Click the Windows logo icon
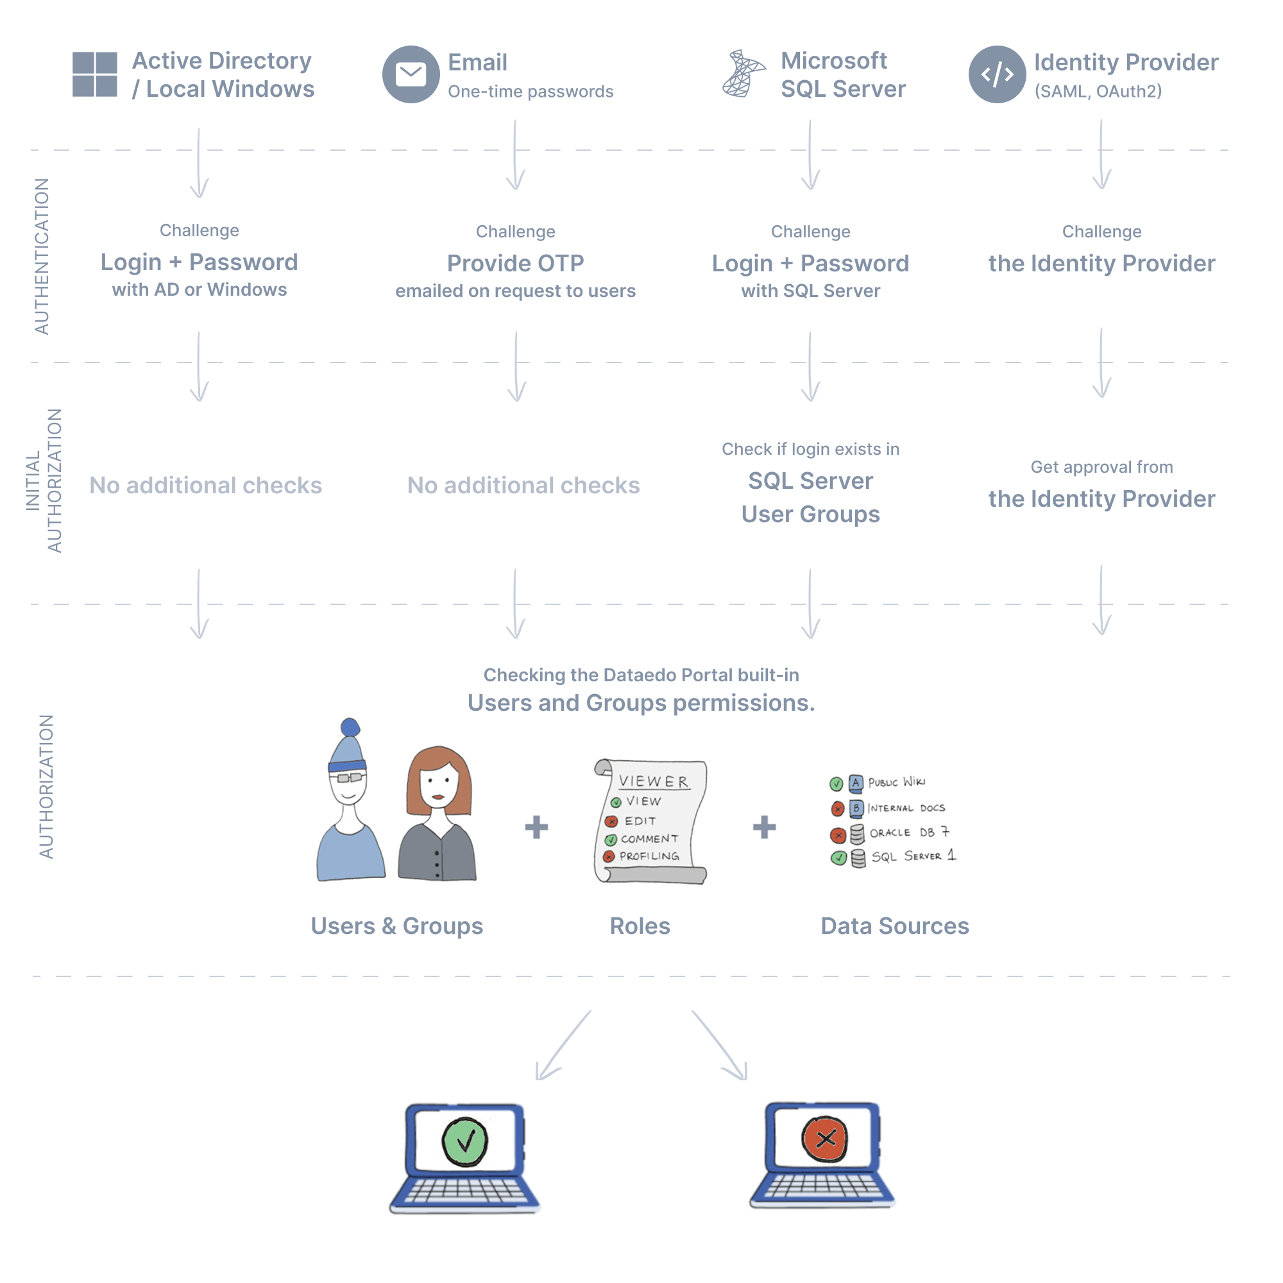click(x=94, y=74)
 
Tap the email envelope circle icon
click(x=411, y=74)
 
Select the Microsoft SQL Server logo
click(x=742, y=74)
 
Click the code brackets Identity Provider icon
click(x=997, y=74)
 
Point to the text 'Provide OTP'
click(x=515, y=264)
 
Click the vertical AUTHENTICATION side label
click(x=42, y=257)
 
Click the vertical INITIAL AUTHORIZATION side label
click(x=44, y=480)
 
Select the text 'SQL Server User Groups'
click(x=810, y=497)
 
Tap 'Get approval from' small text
click(x=1101, y=467)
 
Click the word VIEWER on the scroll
click(x=654, y=781)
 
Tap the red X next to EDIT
click(x=611, y=822)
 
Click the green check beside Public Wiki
click(x=836, y=784)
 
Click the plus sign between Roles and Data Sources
click(x=763, y=827)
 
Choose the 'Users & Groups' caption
click(x=396, y=926)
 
